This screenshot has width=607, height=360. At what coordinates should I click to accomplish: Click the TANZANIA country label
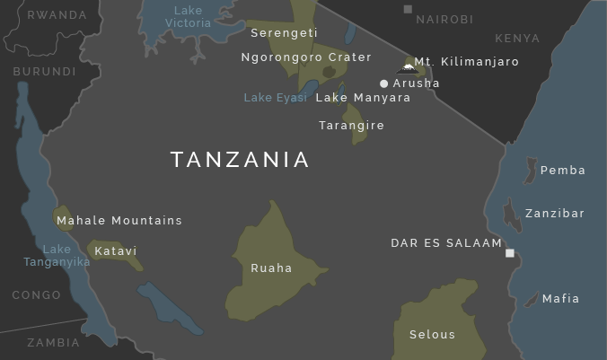[x=240, y=160]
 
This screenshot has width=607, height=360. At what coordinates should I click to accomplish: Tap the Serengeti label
[x=284, y=33]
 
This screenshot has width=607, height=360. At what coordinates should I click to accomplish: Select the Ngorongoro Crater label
[x=306, y=57]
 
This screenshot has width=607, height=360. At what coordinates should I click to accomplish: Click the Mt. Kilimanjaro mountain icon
[x=409, y=67]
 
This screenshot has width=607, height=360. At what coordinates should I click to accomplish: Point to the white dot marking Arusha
[x=384, y=83]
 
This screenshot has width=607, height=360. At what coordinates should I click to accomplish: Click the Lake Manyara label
[x=363, y=98]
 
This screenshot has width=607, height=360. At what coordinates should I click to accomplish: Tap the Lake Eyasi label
[x=275, y=98]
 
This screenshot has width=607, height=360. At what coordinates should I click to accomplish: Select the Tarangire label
[x=351, y=126]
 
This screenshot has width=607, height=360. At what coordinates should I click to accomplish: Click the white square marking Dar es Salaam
[x=510, y=253]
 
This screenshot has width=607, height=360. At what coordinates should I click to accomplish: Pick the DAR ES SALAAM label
[x=446, y=243]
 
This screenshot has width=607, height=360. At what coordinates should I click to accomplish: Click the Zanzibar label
[x=555, y=214]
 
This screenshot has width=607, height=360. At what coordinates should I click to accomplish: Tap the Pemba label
[x=563, y=171]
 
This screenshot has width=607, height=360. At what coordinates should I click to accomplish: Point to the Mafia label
[x=561, y=299]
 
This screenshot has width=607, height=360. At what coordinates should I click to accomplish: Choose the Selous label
[x=432, y=335]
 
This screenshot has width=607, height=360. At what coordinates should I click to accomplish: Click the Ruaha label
[x=271, y=268]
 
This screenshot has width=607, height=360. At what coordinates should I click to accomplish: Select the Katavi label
[x=116, y=251]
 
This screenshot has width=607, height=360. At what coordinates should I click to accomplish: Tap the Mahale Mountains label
[x=119, y=221]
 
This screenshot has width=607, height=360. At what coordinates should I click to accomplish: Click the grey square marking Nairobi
[x=408, y=10]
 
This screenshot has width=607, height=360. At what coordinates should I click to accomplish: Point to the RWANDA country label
[x=57, y=15]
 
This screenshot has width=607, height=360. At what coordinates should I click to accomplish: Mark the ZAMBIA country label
[x=53, y=343]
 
